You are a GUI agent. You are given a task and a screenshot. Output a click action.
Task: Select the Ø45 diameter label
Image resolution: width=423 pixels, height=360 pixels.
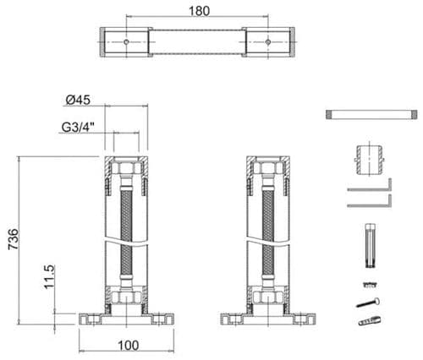tap(78, 100)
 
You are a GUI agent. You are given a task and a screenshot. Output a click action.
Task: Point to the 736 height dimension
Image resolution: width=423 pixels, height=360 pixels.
tap(12, 240)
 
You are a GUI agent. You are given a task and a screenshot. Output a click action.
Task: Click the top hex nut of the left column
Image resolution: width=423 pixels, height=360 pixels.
tap(126, 168)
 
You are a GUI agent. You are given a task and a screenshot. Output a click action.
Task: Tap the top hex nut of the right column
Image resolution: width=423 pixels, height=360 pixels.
tap(270, 168)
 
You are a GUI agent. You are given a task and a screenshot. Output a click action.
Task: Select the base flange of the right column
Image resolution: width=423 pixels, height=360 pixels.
tap(270, 319)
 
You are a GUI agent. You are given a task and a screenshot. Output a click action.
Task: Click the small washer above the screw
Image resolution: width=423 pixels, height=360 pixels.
tap(367, 281)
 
